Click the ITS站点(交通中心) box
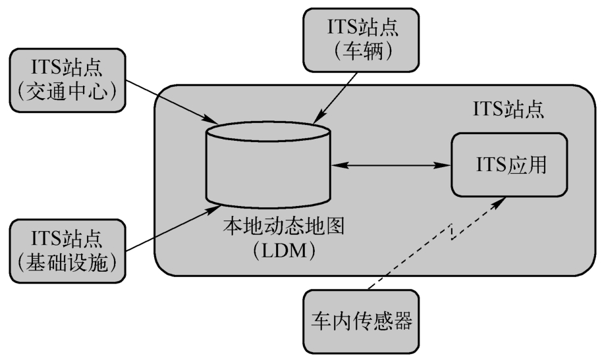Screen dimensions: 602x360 point(68,80)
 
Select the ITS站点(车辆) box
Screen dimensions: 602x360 point(361,40)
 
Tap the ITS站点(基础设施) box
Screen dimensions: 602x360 point(68,251)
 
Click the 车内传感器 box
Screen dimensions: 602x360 point(361,321)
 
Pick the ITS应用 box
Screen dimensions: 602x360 point(509,165)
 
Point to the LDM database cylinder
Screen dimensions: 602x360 point(268,165)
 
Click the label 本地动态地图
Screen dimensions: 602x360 point(283,226)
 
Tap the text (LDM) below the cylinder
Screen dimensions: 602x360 point(284,251)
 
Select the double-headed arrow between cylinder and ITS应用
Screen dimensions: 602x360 point(391,165)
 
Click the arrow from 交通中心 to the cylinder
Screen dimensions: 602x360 point(172,102)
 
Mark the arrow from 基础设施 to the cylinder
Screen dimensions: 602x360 point(173,228)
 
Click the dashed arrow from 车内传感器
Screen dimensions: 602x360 point(437,244)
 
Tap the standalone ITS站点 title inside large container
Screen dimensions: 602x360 point(508,109)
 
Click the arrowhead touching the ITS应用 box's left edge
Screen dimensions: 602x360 point(445,165)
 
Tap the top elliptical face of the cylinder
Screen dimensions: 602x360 point(268,131)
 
